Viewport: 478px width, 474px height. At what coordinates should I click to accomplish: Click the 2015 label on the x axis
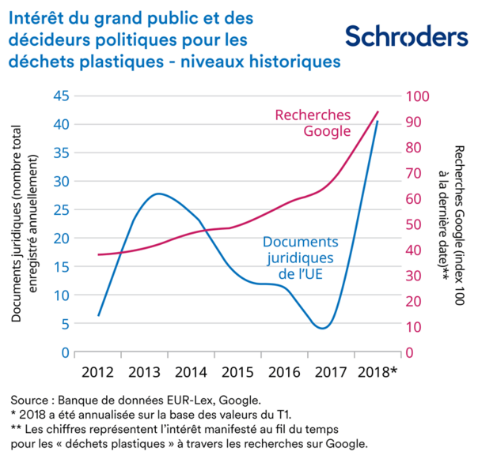(237, 371)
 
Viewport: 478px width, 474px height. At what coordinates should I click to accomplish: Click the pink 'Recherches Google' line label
(312, 122)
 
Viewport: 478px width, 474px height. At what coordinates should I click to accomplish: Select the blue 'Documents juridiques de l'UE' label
(300, 257)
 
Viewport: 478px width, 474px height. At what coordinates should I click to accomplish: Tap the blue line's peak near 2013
(158, 194)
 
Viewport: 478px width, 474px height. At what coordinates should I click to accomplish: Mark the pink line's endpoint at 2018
(377, 112)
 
